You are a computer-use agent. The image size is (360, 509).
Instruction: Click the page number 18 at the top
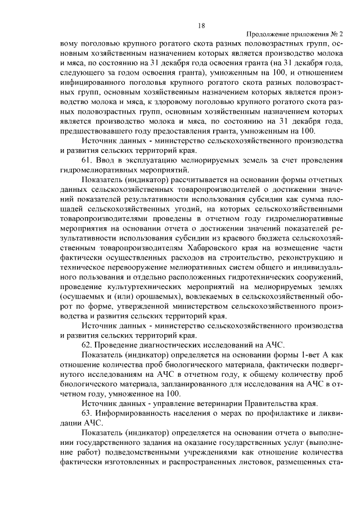(x=201, y=25)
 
